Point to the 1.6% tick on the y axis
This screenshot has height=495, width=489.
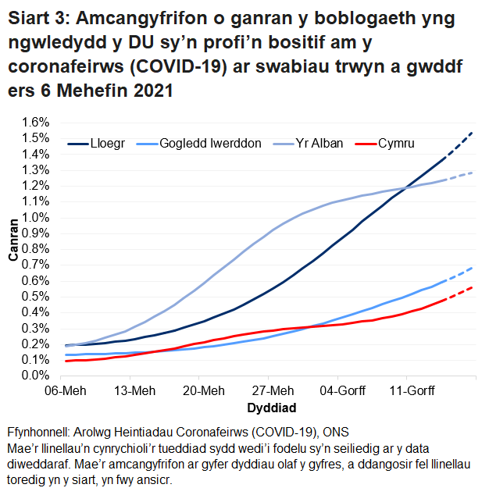[x=37, y=123]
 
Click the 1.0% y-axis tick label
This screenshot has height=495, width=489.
[x=37, y=217]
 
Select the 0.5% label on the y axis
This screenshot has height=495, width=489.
[x=37, y=296]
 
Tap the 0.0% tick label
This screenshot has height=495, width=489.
[x=37, y=376]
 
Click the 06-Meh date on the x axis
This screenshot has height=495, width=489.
[x=65, y=390]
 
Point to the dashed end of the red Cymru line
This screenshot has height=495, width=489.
[x=461, y=294]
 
